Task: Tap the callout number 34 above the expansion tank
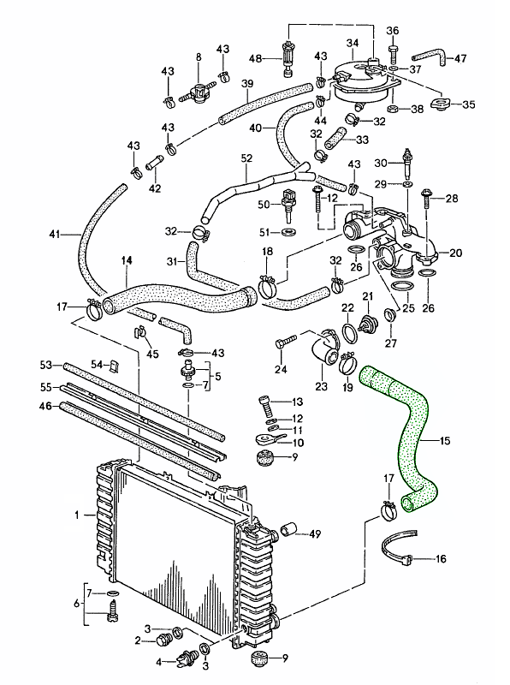coord(353,44)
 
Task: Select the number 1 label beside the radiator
coord(77,515)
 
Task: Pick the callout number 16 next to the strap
coord(441,558)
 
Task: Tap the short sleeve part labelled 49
coord(288,529)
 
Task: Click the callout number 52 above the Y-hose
coord(246,158)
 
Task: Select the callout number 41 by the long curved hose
coord(54,235)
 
